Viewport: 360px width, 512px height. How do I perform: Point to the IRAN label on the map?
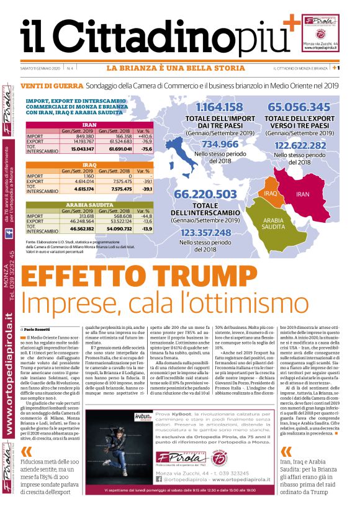303,194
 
